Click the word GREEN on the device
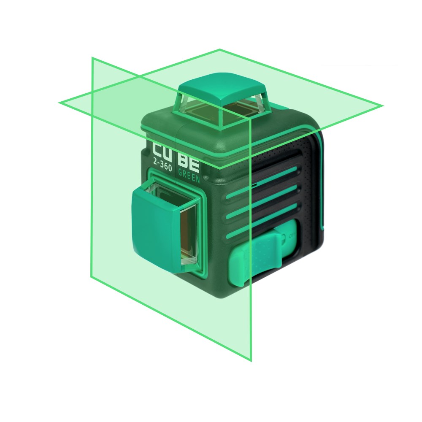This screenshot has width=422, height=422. click(189, 176)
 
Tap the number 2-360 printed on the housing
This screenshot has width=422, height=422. click(162, 164)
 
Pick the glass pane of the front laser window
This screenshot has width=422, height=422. click(188, 235)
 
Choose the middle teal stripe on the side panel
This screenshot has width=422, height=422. click(262, 200)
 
